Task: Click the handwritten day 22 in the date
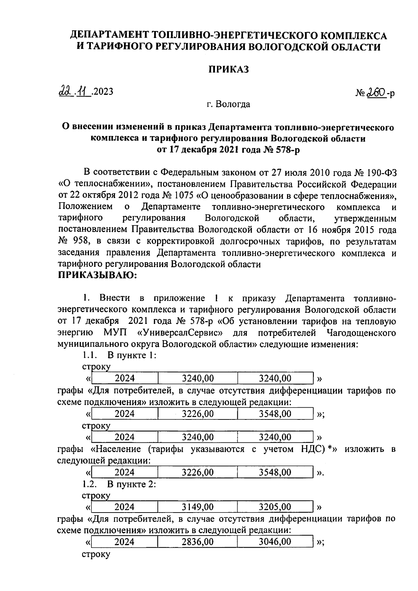click(x=65, y=91)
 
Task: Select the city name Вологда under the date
click(x=232, y=104)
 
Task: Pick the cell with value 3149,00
click(x=198, y=507)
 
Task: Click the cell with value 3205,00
click(x=275, y=507)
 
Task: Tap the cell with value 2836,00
click(x=198, y=541)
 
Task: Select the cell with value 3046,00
click(x=275, y=541)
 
